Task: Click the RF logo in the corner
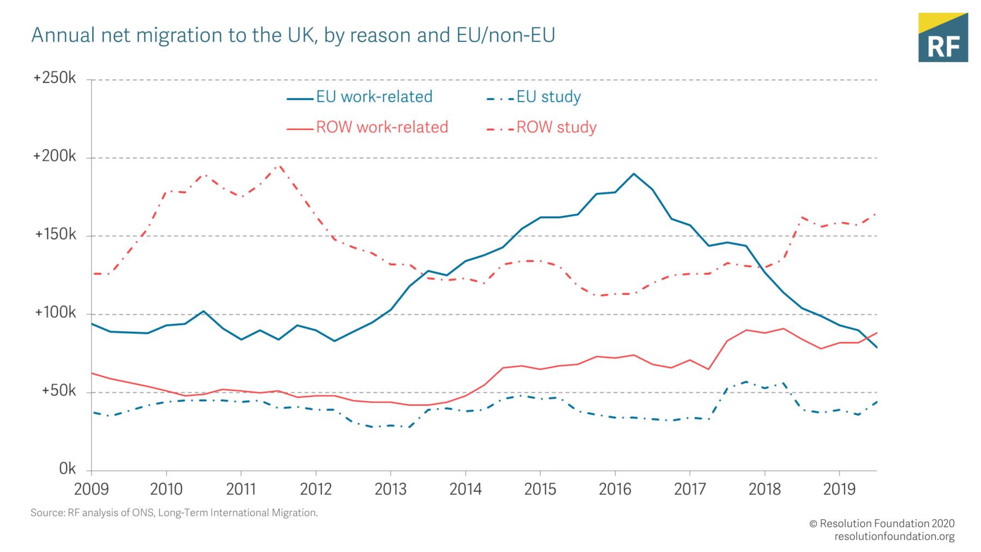943,38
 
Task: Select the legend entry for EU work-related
360,97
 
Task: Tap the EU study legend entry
534,97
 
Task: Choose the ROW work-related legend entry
367,128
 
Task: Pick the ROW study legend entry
541,128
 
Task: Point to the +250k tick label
55,78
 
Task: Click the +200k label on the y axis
55,156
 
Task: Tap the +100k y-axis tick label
55,313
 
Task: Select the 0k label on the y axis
68,469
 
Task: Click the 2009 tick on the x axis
92,489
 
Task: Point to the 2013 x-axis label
391,489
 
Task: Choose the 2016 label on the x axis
615,489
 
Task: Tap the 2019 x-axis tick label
839,489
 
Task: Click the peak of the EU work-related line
633,174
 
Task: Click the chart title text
293,35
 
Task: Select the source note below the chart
174,513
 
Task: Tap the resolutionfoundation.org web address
894,537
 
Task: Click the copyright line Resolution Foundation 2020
882,524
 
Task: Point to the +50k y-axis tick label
59,391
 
